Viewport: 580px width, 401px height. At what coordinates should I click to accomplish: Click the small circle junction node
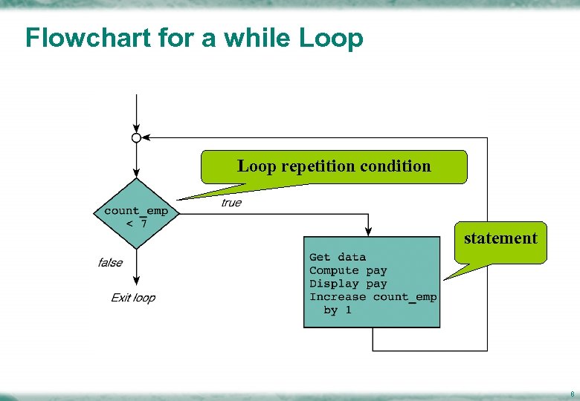(136, 137)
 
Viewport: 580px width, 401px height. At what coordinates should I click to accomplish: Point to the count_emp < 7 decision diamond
(136, 214)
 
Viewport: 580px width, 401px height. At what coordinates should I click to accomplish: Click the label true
(231, 203)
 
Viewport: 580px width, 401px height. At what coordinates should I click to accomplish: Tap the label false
(110, 262)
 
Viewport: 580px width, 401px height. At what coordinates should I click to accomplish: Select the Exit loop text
(133, 298)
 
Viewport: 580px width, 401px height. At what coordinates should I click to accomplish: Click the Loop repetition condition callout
(334, 166)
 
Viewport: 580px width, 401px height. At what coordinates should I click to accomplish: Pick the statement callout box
(500, 238)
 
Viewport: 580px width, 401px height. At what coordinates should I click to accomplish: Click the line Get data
(338, 257)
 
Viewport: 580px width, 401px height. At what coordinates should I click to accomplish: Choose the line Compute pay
(348, 270)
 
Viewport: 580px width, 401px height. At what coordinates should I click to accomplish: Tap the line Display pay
(348, 284)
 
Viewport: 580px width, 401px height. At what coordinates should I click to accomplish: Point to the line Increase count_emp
(373, 297)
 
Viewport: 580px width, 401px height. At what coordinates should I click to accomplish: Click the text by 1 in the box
(338, 310)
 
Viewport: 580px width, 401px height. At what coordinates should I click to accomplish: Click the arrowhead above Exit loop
(136, 280)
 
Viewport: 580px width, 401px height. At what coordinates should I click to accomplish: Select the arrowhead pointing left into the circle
(146, 137)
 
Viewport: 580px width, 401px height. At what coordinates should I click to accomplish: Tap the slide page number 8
(571, 393)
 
